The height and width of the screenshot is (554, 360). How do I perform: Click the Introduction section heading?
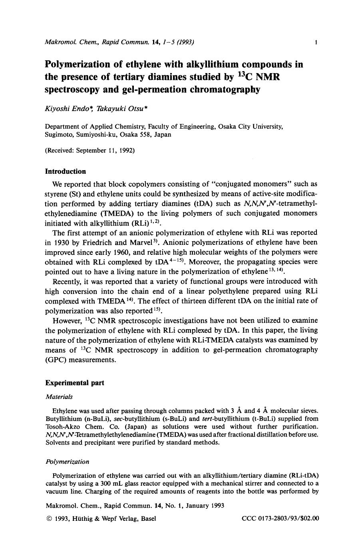coord(65,171)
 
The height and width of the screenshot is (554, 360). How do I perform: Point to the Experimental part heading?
coord(74,383)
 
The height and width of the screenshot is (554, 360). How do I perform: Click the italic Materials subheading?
coord(59,397)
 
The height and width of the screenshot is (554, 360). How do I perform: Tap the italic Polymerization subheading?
coord(67,461)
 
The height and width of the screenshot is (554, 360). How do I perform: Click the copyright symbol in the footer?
coord(49,518)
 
